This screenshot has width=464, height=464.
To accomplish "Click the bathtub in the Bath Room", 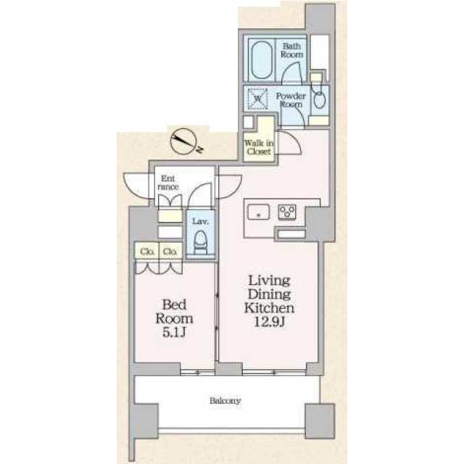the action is click(x=262, y=59).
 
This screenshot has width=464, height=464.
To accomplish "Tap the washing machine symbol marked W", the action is click(x=257, y=99).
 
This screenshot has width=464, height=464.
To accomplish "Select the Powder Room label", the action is click(x=290, y=100).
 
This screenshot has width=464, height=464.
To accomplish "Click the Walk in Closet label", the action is click(x=259, y=147).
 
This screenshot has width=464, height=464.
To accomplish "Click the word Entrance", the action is click(x=168, y=183).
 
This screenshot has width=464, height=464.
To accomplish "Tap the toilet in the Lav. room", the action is click(x=200, y=242).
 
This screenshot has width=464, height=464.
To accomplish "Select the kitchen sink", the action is click(x=258, y=212).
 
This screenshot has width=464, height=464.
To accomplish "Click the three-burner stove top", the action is click(x=287, y=212).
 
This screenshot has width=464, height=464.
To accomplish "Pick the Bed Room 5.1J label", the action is click(x=174, y=318).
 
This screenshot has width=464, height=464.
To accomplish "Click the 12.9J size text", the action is click(x=269, y=322).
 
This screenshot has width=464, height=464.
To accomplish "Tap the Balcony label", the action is click(x=225, y=401).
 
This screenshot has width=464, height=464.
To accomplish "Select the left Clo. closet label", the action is click(x=147, y=252).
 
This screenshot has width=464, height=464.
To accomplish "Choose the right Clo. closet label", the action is click(x=170, y=252).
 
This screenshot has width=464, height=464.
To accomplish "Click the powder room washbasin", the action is click(x=320, y=100).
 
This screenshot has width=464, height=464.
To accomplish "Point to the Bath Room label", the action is click(x=292, y=50).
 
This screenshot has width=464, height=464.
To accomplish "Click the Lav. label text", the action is click(x=200, y=221).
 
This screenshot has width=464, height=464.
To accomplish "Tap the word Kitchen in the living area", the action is click(x=269, y=308).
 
